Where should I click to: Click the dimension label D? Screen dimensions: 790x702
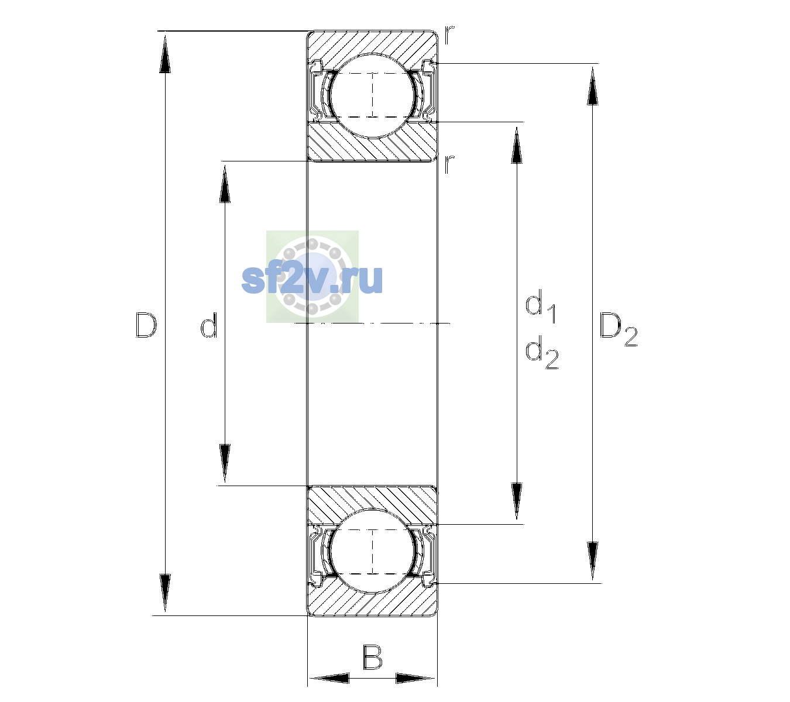(x=146, y=325)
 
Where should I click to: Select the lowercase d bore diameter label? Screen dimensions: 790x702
(x=208, y=325)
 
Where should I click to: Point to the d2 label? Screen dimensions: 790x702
(x=542, y=352)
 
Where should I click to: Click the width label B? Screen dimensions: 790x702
(x=372, y=657)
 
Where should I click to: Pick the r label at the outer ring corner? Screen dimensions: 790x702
(x=449, y=35)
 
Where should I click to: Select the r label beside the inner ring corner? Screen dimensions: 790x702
(x=449, y=164)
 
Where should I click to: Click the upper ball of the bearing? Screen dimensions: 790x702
(x=372, y=95)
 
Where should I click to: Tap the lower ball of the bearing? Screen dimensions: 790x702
(x=372, y=551)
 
